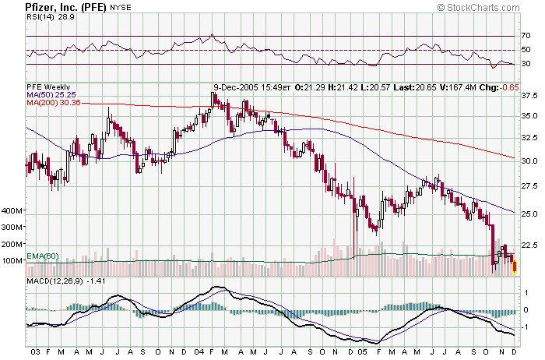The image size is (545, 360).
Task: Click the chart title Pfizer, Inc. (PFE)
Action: click(x=54, y=7)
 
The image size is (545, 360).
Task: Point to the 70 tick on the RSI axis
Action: click(x=526, y=36)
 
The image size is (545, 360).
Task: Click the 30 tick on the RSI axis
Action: click(x=526, y=65)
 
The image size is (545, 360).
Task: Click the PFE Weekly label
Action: click(x=48, y=86)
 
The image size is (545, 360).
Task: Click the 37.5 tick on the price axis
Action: click(x=529, y=96)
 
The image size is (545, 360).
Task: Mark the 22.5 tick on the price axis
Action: click(x=529, y=245)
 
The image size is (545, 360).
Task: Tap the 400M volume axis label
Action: click(x=14, y=211)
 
